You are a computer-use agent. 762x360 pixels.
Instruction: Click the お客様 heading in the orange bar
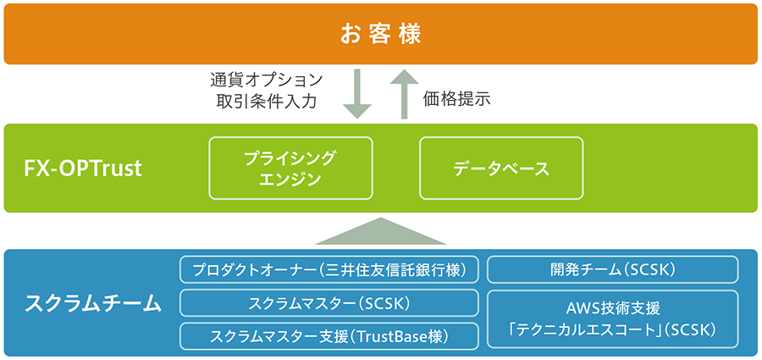click(380, 35)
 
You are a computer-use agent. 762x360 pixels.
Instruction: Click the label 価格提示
click(457, 98)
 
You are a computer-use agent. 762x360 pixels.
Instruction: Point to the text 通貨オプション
click(266, 80)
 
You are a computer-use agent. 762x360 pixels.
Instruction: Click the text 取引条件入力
click(266, 102)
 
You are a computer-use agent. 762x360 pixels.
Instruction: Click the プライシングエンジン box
click(290, 168)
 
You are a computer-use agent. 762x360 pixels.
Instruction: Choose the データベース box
click(501, 168)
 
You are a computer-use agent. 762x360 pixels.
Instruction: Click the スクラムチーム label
click(93, 302)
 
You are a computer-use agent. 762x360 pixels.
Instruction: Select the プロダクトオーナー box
click(330, 270)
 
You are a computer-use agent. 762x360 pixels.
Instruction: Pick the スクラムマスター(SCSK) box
click(330, 302)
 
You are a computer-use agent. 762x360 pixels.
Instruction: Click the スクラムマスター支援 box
click(330, 335)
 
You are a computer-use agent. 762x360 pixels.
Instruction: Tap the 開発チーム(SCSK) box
click(612, 270)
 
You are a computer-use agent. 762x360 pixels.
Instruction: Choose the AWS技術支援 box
click(612, 318)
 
